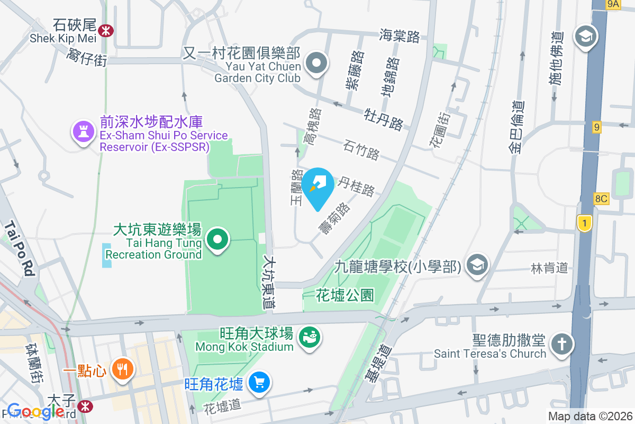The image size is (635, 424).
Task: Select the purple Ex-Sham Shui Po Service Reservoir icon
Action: pyautogui.click(x=83, y=131)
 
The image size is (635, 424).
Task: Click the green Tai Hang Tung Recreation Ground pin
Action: pyautogui.click(x=217, y=239)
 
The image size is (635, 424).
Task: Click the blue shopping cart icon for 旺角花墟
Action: pyautogui.click(x=259, y=382)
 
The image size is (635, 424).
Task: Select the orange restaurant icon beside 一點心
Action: pyautogui.click(x=123, y=369)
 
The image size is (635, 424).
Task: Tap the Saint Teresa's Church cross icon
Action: pyautogui.click(x=561, y=344)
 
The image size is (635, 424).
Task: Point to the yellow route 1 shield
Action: pyautogui.click(x=584, y=223)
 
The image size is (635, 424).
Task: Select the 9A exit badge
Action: pyautogui.click(x=613, y=4)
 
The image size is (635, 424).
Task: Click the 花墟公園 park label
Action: pyautogui.click(x=345, y=295)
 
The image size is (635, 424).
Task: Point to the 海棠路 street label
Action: pyautogui.click(x=400, y=36)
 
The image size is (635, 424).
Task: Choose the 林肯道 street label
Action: pyautogui.click(x=549, y=268)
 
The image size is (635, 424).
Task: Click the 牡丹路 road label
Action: pyautogui.click(x=384, y=119)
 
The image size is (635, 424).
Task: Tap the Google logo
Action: pyautogui.click(x=36, y=412)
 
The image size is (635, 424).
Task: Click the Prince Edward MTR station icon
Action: pyautogui.click(x=84, y=406)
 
